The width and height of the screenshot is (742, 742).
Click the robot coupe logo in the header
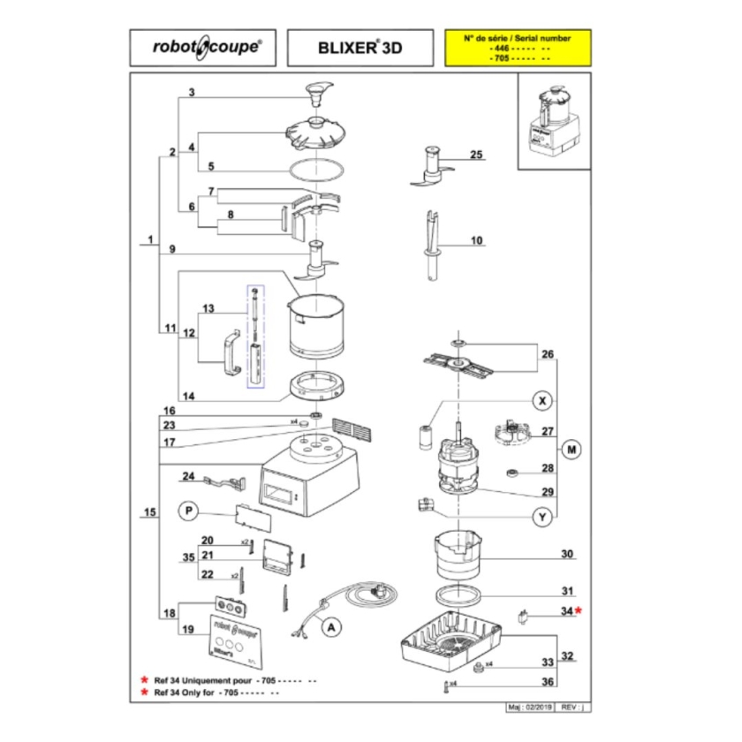[208, 49]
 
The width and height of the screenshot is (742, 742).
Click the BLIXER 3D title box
[360, 49]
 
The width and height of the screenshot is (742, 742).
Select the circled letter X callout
[544, 401]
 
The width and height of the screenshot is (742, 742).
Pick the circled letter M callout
[572, 450]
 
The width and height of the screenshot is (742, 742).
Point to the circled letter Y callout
[544, 517]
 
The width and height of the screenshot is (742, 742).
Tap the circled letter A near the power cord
[331, 627]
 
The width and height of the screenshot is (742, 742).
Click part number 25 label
[477, 155]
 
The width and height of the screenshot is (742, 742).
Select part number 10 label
[477, 240]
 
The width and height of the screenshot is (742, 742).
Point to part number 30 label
[566, 555]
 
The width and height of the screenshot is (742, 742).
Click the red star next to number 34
[579, 610]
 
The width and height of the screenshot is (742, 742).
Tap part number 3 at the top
[192, 93]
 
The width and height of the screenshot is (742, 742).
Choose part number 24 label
[187, 477]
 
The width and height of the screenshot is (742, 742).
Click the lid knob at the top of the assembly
[317, 91]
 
